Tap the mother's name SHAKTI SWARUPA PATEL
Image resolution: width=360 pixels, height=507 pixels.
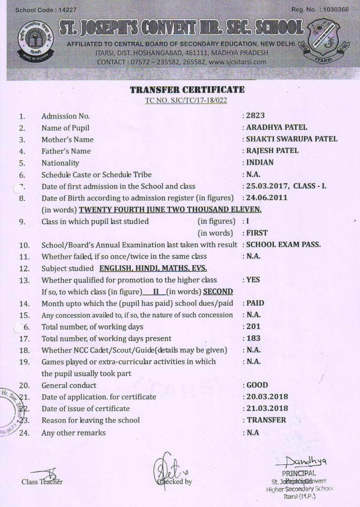tap(291, 139)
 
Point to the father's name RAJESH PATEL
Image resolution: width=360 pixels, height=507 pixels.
tap(272, 150)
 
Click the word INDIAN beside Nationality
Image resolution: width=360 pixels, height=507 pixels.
tap(260, 162)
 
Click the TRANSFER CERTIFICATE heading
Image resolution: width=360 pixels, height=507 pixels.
tap(187, 90)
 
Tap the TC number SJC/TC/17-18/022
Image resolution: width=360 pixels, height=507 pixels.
tap(186, 100)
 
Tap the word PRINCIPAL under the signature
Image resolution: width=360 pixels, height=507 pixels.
tap(299, 473)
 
